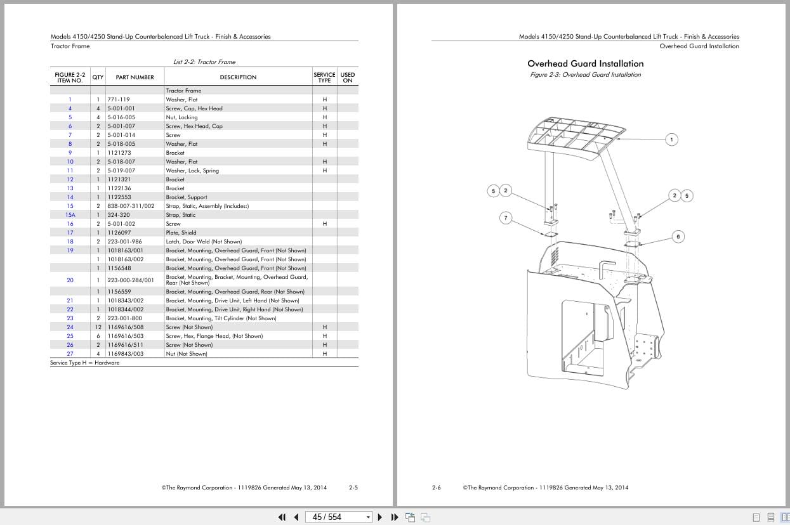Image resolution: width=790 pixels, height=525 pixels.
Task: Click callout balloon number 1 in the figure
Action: coord(672,139)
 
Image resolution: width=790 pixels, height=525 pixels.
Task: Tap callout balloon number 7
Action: coord(506,218)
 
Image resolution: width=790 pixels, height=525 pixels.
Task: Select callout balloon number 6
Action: coord(678,237)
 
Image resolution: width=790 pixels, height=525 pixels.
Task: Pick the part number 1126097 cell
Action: coord(119,233)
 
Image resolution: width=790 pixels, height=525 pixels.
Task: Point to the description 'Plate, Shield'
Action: coord(181,233)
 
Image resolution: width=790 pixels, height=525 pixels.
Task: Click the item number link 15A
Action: coord(70,215)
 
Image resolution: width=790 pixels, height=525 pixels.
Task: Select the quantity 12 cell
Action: coord(98,327)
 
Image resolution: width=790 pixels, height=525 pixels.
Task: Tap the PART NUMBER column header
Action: coord(135,77)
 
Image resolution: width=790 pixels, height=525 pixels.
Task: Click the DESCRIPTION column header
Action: coord(238,77)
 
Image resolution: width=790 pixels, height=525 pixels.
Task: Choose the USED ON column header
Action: coord(348,77)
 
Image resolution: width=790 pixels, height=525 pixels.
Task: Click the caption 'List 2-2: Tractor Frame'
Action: coord(204,62)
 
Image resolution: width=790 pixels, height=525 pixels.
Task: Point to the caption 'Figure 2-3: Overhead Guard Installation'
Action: coord(585,75)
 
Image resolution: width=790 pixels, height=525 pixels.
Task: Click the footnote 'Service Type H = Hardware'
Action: coord(85,363)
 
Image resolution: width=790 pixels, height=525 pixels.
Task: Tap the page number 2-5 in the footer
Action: coord(353,488)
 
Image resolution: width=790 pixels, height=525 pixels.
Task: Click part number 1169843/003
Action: coord(126,354)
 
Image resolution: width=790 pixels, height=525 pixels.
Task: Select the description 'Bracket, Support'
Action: coord(187,197)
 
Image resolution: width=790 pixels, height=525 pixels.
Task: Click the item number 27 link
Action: coord(70,354)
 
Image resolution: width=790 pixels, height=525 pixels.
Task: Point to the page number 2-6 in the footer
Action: coord(436,488)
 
